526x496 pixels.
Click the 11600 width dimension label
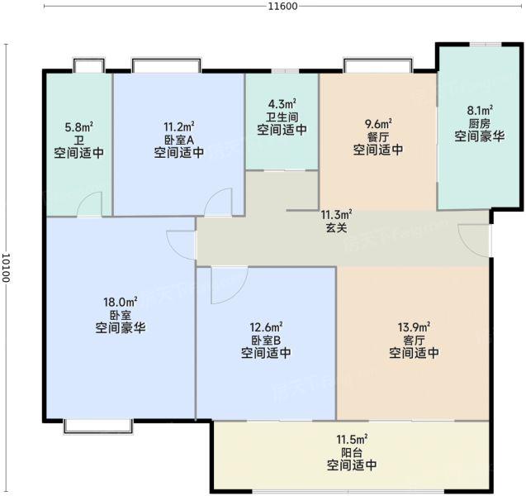(282, 6)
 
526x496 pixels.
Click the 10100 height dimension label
(7, 267)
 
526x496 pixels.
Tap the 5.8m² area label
(78, 127)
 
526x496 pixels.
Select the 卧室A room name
(179, 140)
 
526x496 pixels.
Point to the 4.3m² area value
(282, 103)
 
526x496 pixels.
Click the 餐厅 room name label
(377, 136)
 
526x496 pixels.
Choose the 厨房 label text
(480, 123)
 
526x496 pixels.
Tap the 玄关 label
(336, 227)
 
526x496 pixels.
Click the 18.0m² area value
(121, 302)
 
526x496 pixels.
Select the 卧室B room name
(266, 341)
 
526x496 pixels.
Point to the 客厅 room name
(414, 341)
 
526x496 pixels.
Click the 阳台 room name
(352, 453)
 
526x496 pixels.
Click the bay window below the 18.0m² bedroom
(98, 427)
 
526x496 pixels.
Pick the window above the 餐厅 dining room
(378, 65)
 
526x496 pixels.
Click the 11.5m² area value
(352, 439)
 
